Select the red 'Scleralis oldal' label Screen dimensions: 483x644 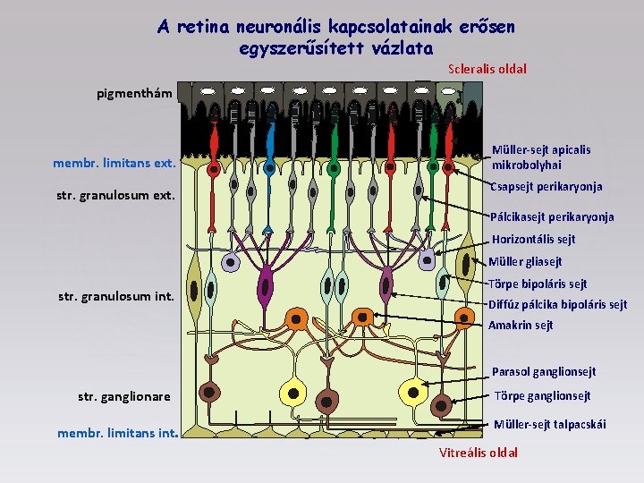(487, 69)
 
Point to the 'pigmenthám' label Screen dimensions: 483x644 (134, 93)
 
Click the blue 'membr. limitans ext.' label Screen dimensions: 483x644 (114, 163)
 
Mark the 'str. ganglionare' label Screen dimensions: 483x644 (124, 396)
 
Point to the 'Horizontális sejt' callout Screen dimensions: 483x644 (533, 239)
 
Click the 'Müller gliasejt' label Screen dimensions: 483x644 (525, 262)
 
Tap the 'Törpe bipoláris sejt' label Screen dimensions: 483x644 (538, 284)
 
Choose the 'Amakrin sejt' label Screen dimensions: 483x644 (521, 326)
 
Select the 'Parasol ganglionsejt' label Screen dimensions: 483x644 (544, 372)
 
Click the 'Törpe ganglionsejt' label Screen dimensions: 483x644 (543, 396)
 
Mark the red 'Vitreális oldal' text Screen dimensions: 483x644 (479, 453)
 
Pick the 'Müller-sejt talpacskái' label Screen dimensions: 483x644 (549, 424)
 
